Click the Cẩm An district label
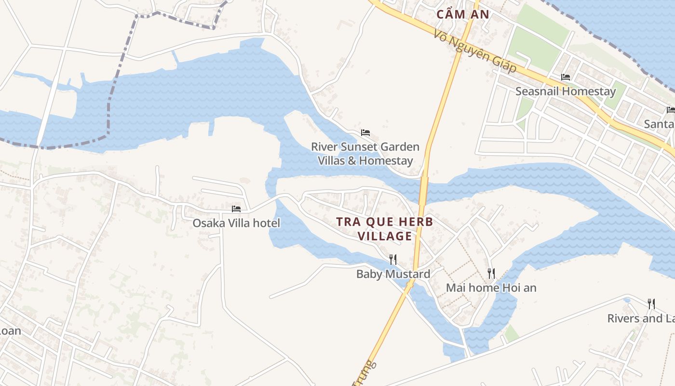463,14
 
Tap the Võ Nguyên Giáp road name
474,52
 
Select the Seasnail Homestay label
566,91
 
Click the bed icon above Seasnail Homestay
566,77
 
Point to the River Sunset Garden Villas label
365,153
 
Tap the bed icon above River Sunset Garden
365,133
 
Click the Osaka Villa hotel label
236,223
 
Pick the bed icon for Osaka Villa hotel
236,209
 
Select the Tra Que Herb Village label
384,229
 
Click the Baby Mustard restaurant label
393,274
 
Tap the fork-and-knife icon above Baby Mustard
393,260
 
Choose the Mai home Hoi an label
491,288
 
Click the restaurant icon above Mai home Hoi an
491,274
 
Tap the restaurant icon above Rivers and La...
651,304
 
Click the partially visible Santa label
659,124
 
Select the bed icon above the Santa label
670,110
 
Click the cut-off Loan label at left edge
10,331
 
